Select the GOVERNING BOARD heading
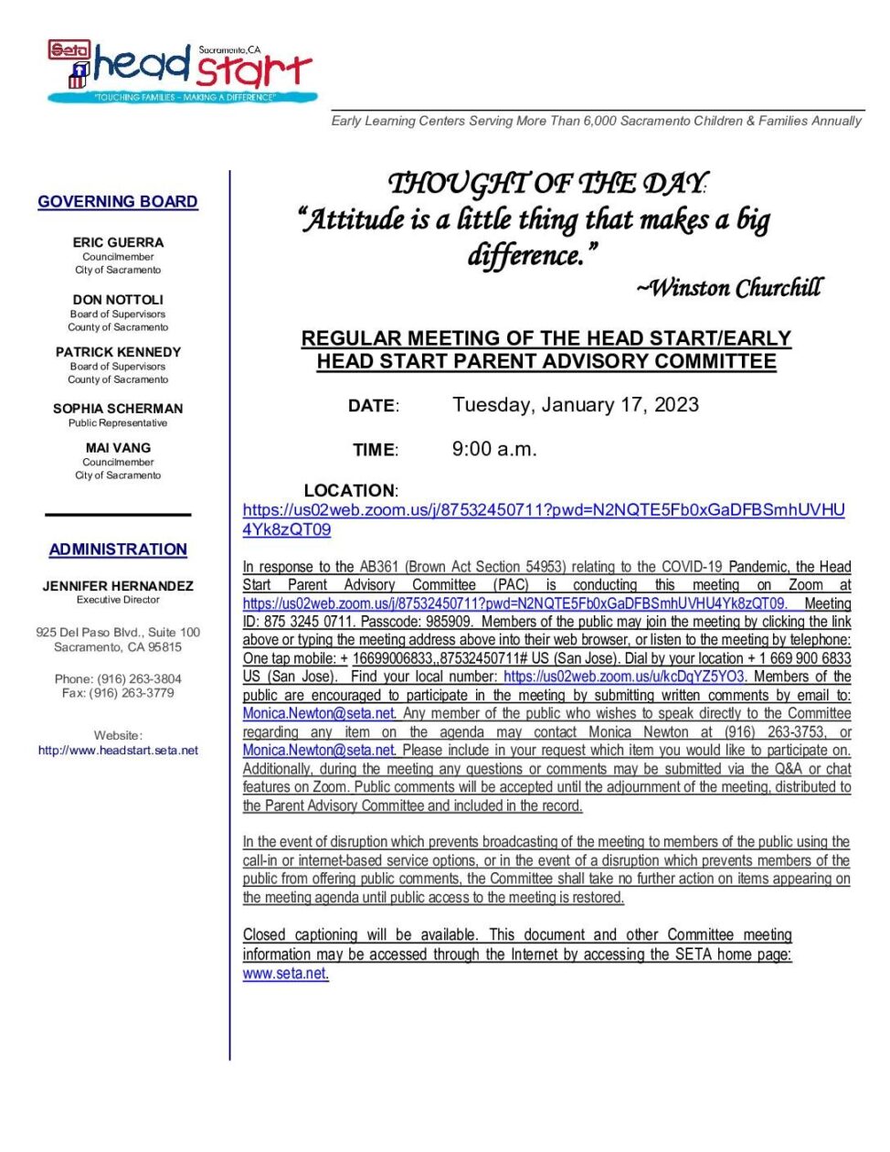point(118,201)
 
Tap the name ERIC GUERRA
point(118,242)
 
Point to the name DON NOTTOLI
point(118,299)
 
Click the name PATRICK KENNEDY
point(118,352)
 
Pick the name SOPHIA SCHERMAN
point(118,409)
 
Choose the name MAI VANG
point(118,448)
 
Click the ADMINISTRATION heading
point(118,549)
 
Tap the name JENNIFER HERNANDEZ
point(118,585)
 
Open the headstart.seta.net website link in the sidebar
point(118,750)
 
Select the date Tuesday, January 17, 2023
point(575,405)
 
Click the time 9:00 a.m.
point(494,449)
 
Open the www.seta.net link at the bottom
point(284,974)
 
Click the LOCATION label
point(350,490)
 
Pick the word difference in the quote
point(525,255)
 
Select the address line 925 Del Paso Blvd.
point(118,632)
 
